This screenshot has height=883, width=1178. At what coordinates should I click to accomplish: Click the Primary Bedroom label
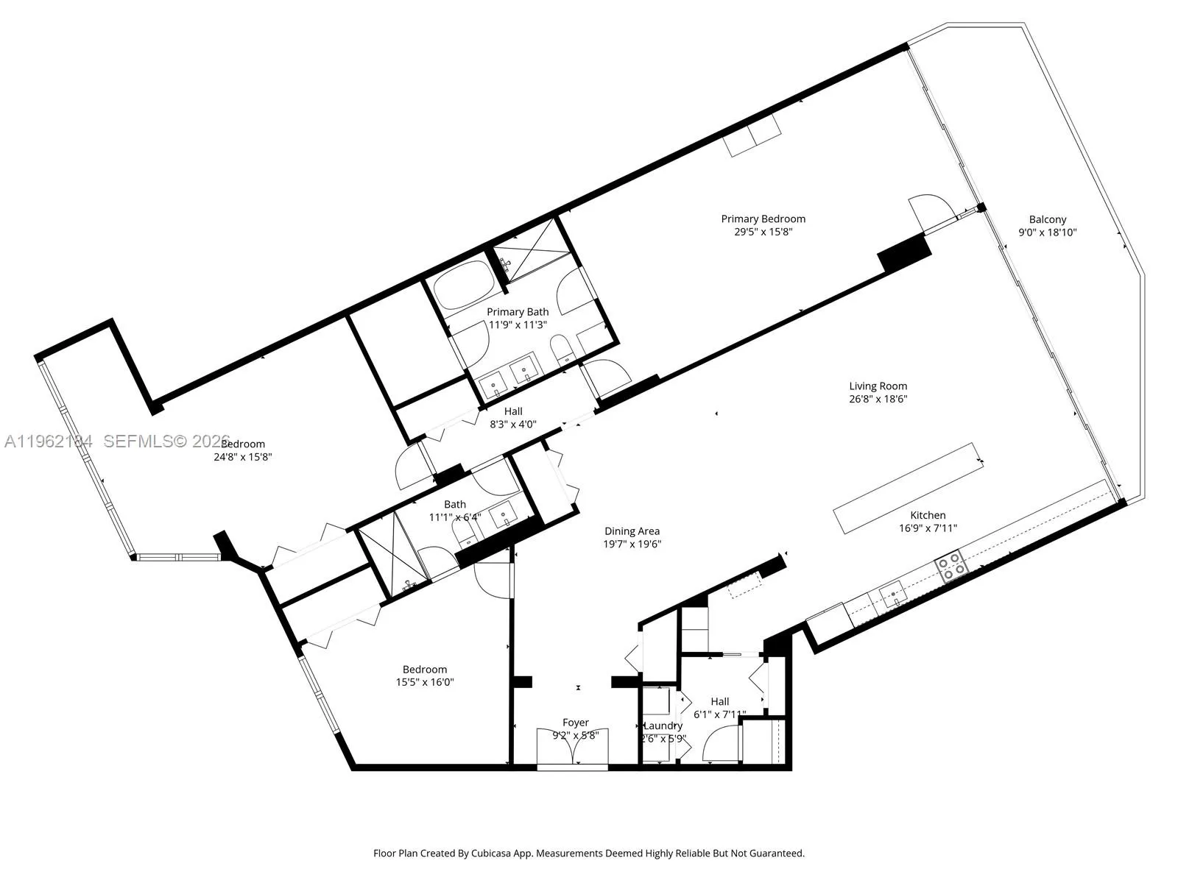[x=763, y=219]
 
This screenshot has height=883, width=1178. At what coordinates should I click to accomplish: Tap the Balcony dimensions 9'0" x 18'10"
[x=1047, y=233]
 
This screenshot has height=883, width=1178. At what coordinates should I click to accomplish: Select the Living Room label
[x=878, y=386]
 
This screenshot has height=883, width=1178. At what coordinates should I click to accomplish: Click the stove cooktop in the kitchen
[x=950, y=567]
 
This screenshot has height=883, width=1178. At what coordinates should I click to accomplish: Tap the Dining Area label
[x=632, y=531]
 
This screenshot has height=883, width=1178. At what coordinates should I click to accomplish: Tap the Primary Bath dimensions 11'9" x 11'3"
[x=518, y=325]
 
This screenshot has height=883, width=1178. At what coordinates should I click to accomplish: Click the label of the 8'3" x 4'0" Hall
[x=513, y=411]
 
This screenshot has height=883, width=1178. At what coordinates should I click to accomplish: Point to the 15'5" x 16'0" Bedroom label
[x=424, y=669]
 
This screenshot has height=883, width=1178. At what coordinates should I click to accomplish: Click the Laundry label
[x=663, y=726]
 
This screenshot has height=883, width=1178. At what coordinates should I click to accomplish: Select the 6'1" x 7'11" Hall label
[x=720, y=701]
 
